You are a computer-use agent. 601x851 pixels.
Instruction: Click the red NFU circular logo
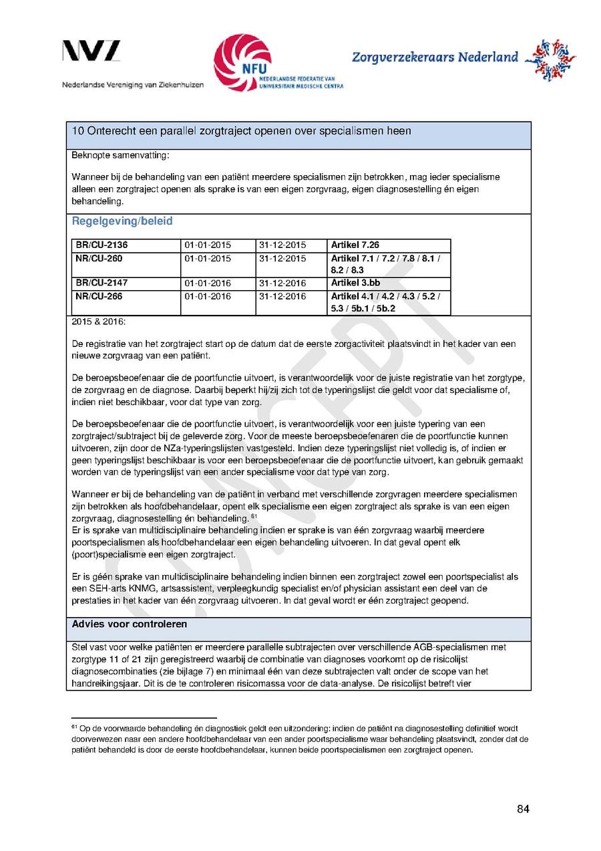coord(242,62)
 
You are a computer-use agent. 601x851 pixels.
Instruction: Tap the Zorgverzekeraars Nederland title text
coord(435,57)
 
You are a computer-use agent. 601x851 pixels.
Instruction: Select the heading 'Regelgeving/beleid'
coord(122,221)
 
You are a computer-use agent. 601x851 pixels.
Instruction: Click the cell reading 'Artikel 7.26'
coord(355,245)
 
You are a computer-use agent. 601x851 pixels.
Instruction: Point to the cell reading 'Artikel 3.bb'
coord(355,283)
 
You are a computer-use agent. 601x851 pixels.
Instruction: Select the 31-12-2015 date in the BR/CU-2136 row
coord(282,245)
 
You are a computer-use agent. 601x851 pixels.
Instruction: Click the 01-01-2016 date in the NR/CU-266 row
coord(208,296)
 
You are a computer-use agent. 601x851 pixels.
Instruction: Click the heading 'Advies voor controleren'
coord(130,624)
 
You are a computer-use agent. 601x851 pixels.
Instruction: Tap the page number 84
coord(523,810)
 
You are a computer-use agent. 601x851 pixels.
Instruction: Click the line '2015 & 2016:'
coord(93,322)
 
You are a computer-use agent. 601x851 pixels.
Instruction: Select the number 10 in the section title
coord(77,131)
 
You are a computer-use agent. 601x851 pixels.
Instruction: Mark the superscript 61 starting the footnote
coord(74,726)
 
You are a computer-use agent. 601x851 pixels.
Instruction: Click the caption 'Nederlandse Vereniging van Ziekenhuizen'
coord(133,85)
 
